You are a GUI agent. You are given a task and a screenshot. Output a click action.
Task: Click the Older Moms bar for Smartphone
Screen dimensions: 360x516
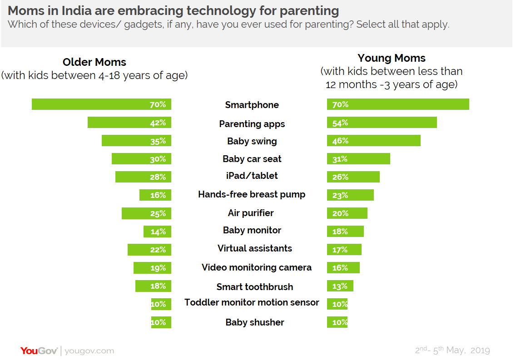click(101, 104)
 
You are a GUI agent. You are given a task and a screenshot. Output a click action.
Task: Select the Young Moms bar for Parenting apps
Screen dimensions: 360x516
click(382, 123)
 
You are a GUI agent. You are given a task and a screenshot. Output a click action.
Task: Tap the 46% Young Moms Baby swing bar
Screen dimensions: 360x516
click(373, 141)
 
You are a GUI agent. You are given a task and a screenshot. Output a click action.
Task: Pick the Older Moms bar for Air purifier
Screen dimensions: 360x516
click(146, 213)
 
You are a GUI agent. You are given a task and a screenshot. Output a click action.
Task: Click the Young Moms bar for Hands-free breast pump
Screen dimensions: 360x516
click(350, 195)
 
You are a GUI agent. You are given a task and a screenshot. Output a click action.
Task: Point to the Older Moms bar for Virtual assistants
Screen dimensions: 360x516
click(149, 250)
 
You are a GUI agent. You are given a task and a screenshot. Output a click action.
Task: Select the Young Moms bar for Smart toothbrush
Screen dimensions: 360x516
click(340, 286)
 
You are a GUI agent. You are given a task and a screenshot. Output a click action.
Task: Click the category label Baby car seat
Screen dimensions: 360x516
click(252, 159)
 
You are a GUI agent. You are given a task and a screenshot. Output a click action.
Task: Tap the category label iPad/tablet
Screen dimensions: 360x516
click(252, 176)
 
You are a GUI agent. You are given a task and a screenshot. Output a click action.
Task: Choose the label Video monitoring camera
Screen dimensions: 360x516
click(257, 267)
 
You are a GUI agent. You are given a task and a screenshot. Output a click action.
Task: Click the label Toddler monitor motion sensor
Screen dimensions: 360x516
click(252, 302)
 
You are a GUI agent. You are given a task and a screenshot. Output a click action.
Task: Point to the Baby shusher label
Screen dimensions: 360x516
click(255, 322)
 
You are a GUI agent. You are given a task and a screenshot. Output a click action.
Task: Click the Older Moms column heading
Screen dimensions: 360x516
click(94, 62)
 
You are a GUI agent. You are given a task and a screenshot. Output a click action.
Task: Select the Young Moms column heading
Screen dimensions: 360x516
click(392, 58)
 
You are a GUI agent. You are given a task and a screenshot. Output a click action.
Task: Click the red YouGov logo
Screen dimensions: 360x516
click(39, 350)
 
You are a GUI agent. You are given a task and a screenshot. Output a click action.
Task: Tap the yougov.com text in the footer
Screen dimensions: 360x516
click(89, 351)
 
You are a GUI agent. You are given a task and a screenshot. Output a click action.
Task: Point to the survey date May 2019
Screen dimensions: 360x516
click(459, 350)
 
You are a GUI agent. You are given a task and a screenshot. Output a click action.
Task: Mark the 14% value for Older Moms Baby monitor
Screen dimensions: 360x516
click(158, 232)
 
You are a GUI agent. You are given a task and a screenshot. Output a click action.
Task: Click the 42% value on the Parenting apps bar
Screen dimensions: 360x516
click(158, 123)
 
